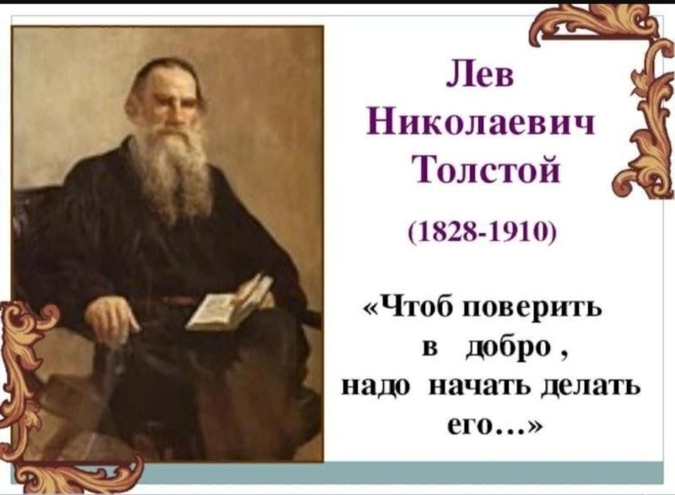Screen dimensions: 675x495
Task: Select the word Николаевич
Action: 481,123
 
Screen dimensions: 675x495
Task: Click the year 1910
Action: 522,233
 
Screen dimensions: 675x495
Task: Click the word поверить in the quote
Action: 531,309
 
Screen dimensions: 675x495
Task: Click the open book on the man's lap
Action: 231,304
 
